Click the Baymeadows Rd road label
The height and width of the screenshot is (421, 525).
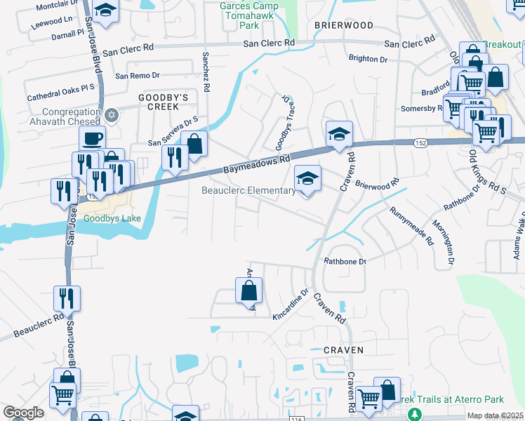257,165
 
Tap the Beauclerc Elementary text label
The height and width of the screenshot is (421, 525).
248,191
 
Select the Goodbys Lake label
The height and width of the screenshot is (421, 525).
112,218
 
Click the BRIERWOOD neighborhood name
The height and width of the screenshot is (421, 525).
343,25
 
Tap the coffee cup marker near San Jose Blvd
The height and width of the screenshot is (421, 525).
92,138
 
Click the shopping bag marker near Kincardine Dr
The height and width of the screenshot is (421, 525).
248,290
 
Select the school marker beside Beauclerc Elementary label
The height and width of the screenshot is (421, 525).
307,178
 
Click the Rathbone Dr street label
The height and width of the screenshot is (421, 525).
345,262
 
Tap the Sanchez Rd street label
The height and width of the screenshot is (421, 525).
206,72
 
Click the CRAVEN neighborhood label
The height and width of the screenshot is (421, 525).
343,349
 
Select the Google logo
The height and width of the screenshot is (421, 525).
23,413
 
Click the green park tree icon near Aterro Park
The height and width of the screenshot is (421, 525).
415,414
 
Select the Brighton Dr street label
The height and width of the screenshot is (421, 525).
368,60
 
